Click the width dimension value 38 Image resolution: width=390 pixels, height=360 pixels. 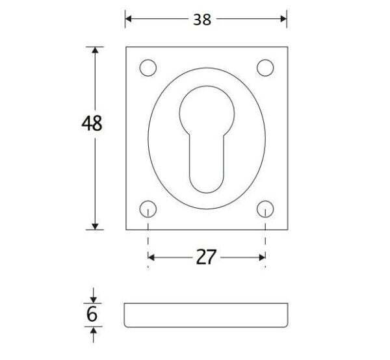202,19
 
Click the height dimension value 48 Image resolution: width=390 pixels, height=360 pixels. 92,123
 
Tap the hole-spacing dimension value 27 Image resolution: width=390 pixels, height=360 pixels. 206,257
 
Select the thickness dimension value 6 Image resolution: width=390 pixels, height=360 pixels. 92,315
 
